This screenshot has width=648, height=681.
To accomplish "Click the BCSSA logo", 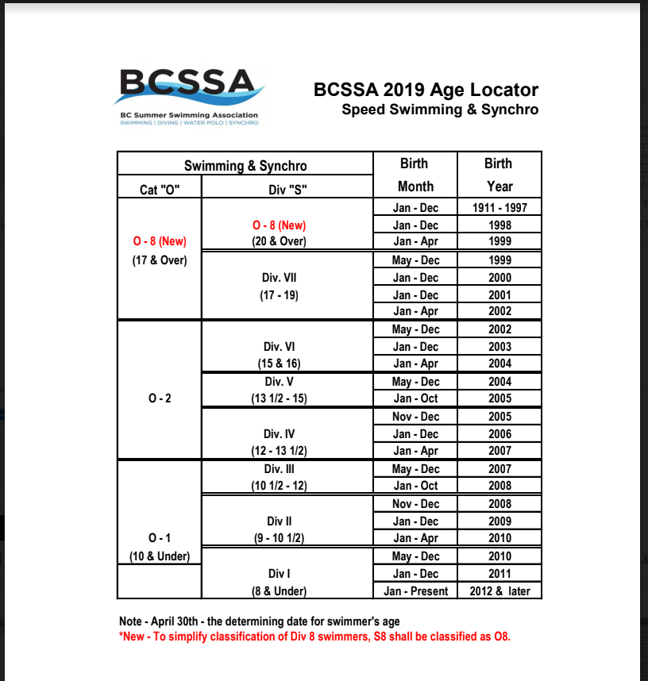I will [188, 95].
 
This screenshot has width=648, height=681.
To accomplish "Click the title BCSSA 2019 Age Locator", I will [426, 90].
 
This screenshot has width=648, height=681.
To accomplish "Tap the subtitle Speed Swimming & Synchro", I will [439, 110].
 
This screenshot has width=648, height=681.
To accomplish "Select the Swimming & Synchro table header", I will [245, 166].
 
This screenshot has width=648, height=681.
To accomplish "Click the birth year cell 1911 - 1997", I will [499, 208].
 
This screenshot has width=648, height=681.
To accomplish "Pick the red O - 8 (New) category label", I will [159, 241].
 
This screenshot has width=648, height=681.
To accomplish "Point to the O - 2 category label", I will [159, 398].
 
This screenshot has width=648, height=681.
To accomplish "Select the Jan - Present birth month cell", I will [415, 591].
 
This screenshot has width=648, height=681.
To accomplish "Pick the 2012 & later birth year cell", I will [499, 591].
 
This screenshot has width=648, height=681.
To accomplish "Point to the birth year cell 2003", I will [499, 347].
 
